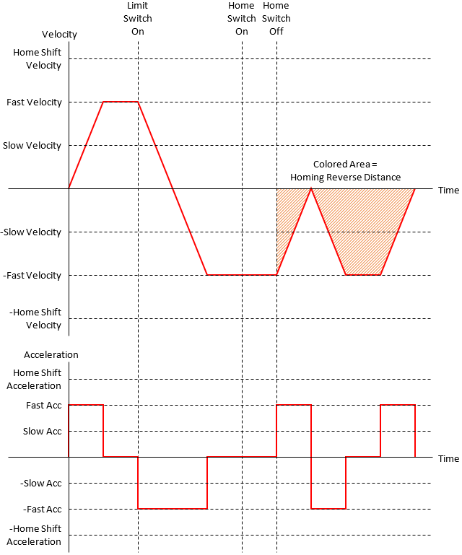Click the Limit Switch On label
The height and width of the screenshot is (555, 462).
tap(137, 18)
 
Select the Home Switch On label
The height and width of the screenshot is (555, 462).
tap(241, 18)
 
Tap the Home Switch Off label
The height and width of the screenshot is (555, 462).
tap(276, 18)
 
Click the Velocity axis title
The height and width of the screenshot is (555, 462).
tap(59, 35)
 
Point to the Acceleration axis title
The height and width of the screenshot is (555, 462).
tap(51, 355)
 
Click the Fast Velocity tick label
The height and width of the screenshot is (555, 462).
tap(34, 102)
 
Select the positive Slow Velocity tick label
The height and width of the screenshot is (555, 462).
tap(32, 146)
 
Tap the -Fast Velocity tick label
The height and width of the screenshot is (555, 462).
tap(32, 276)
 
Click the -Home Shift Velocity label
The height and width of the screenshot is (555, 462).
tap(35, 318)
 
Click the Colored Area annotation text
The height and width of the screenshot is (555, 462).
tap(345, 171)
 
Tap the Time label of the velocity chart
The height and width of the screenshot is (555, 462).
tap(448, 190)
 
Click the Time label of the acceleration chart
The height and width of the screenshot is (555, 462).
tap(448, 458)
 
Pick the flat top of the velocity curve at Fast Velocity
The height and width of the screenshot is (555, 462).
tap(121, 102)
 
